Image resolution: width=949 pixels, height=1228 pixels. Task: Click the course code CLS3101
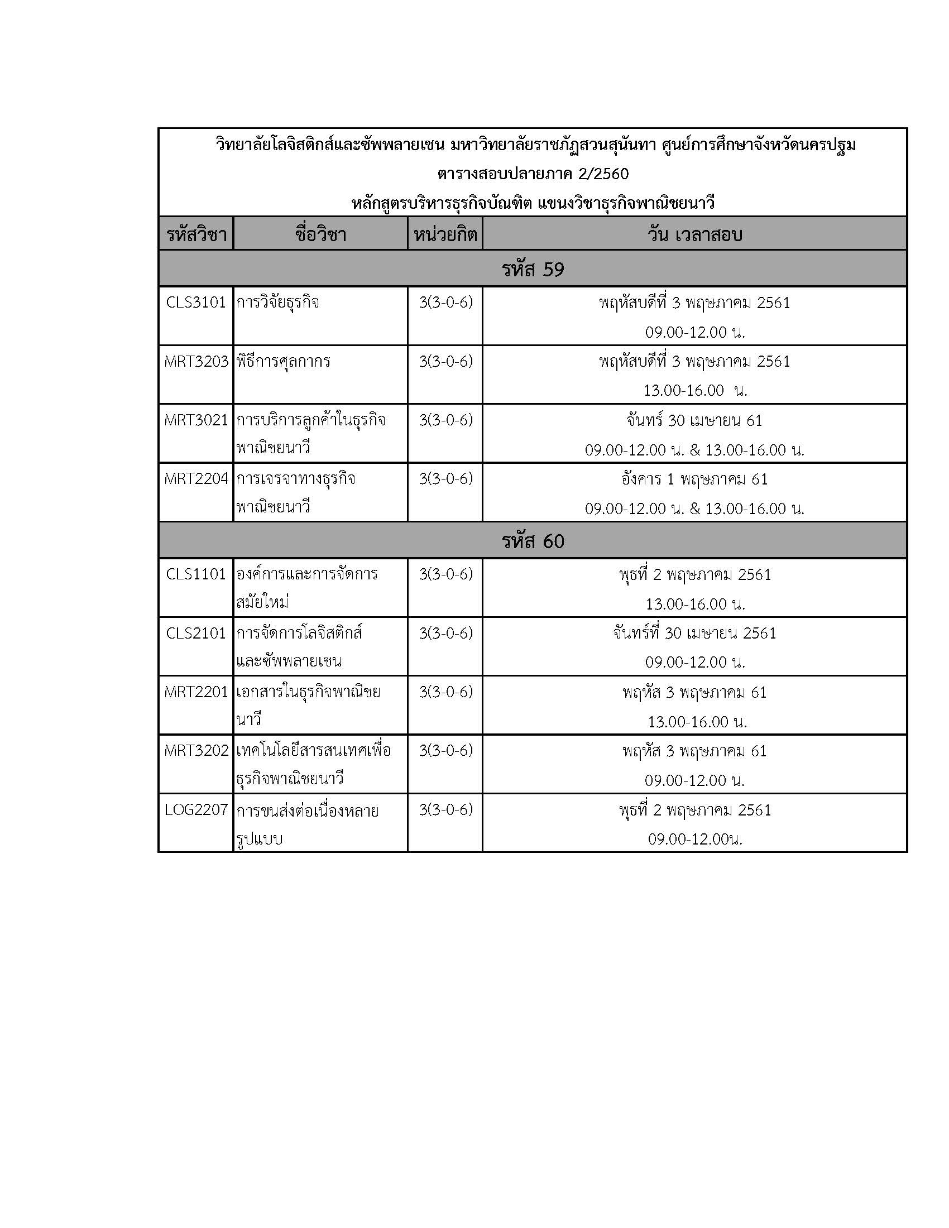(x=195, y=303)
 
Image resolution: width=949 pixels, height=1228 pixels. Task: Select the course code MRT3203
(x=196, y=362)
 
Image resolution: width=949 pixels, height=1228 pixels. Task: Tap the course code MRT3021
(x=196, y=420)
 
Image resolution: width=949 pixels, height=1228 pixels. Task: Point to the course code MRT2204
(x=196, y=479)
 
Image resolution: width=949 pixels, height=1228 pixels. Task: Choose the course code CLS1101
(x=195, y=574)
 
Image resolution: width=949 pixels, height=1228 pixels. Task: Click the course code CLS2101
(x=195, y=633)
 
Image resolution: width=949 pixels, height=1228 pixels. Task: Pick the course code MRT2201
(x=196, y=692)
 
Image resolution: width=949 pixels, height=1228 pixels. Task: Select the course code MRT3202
(x=196, y=751)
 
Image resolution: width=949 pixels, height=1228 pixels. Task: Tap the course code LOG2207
(x=196, y=810)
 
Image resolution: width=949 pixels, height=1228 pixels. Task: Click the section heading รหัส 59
(x=533, y=270)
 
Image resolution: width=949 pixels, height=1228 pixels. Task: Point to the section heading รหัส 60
(x=533, y=541)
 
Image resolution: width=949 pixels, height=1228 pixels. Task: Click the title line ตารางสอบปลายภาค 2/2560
(x=533, y=174)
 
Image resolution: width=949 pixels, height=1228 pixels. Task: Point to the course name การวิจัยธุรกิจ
(x=278, y=303)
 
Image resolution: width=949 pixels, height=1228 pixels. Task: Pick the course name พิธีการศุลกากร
(x=283, y=362)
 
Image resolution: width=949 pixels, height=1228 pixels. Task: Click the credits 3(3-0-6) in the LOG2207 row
(x=445, y=810)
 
